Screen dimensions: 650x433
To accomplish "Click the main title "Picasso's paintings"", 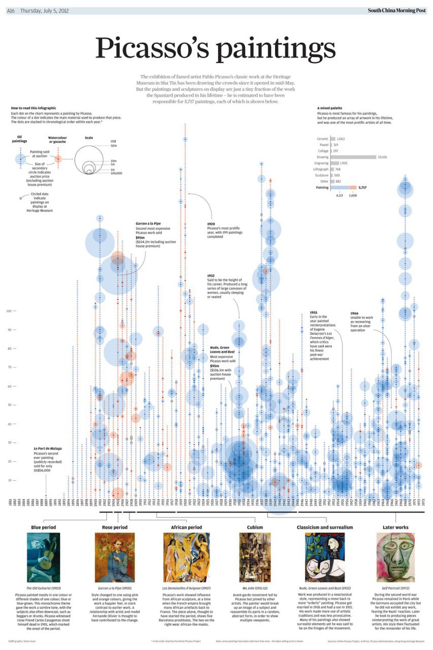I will click(215, 49).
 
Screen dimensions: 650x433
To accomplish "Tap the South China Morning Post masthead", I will click(397, 11).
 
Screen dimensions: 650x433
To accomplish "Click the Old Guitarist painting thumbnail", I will click(43, 557).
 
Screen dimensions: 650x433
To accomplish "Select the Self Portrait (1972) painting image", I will click(395, 557).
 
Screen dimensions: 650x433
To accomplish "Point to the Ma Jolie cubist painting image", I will click(255, 557).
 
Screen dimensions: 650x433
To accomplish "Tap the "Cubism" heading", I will click(255, 527).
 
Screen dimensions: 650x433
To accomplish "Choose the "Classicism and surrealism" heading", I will click(325, 527).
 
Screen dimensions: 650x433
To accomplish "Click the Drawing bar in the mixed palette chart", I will click(353, 157).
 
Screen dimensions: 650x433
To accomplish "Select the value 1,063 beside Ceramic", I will click(341, 139).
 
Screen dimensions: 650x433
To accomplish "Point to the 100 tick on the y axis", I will click(9, 311).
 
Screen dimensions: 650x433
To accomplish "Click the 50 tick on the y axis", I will click(9, 405).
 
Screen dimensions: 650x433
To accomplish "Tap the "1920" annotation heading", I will click(211, 224).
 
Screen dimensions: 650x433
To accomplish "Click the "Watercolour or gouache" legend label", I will click(57, 140).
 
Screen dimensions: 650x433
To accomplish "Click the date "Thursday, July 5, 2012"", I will click(45, 11).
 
